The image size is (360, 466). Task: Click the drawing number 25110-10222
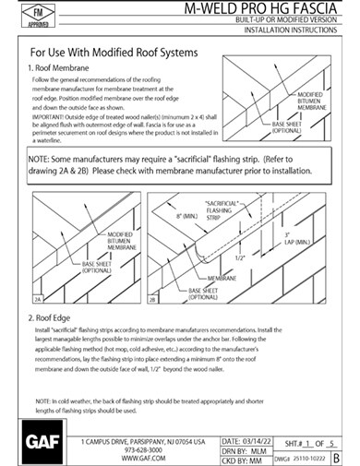[308, 459]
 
